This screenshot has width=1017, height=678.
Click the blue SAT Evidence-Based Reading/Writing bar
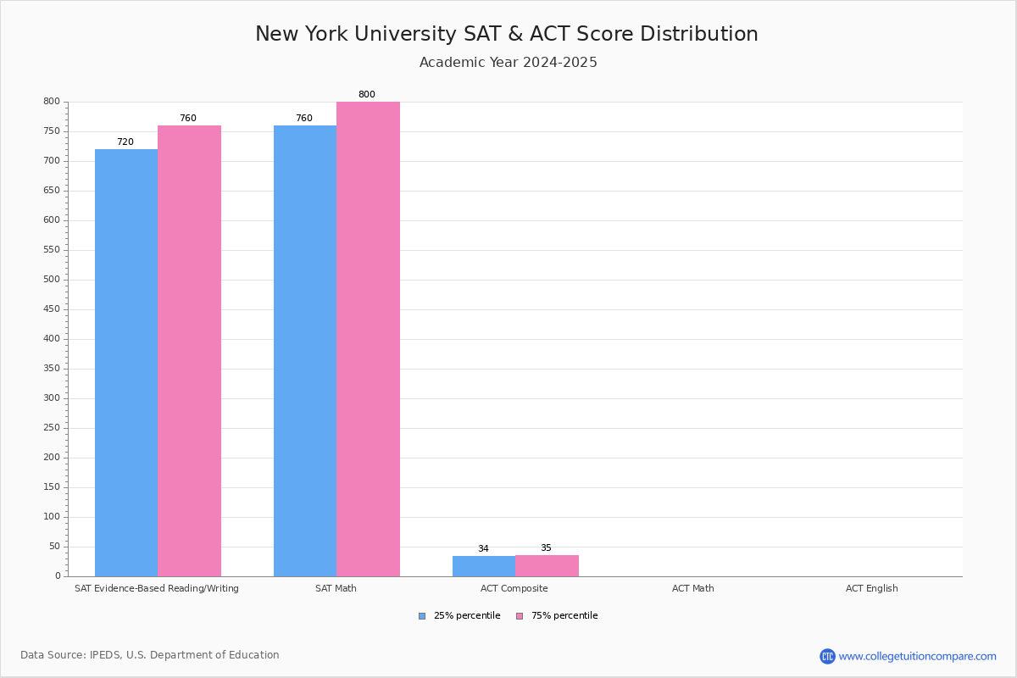pos(126,363)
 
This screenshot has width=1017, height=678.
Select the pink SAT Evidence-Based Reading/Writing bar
pos(189,351)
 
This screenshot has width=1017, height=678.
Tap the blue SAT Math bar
pos(305,351)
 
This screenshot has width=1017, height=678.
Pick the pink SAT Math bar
pos(368,339)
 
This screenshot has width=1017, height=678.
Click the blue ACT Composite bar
pos(484,566)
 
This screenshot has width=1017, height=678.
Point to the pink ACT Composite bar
pos(547,565)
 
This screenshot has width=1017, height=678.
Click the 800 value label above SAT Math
pos(366,95)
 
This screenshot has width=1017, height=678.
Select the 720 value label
pos(125,142)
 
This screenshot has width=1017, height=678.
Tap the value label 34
pos(483,549)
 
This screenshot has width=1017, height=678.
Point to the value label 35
pos(546,548)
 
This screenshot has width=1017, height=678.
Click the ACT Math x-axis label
pos(693,588)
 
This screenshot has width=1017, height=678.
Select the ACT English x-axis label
pos(871,588)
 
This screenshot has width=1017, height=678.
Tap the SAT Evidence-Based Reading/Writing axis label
pos(157,588)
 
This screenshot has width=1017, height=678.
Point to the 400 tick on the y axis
pos(52,339)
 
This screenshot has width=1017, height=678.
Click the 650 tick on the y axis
pos(52,191)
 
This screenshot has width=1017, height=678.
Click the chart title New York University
pos(507,34)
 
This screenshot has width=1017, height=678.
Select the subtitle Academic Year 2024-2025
pos(508,63)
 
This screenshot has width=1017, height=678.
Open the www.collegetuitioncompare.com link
pos(917,656)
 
